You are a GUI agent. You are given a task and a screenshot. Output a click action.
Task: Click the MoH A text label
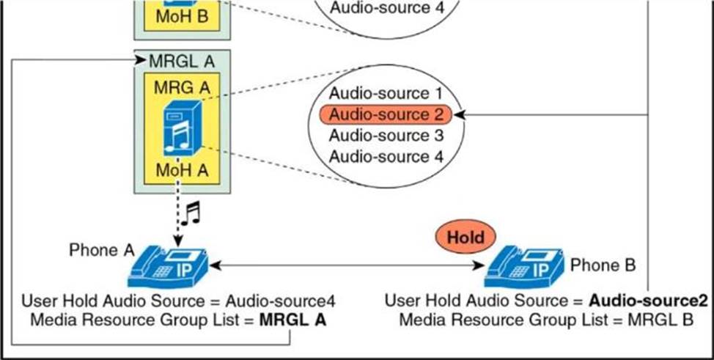click(x=181, y=171)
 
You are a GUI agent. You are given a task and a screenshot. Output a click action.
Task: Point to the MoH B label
click(x=181, y=15)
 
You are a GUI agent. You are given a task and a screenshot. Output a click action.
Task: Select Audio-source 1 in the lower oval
click(x=386, y=94)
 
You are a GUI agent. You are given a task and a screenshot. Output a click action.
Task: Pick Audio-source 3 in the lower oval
click(x=386, y=136)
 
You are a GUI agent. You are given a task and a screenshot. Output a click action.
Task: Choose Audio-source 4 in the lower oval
click(x=386, y=156)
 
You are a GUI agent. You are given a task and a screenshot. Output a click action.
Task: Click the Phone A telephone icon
click(x=169, y=268)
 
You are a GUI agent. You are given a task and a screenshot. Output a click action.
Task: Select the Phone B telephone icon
click(x=524, y=268)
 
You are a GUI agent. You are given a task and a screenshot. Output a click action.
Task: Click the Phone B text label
click(x=603, y=265)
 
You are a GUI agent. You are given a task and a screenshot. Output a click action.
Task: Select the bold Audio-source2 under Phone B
click(x=649, y=301)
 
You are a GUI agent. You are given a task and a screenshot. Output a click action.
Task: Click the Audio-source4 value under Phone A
click(x=281, y=301)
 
